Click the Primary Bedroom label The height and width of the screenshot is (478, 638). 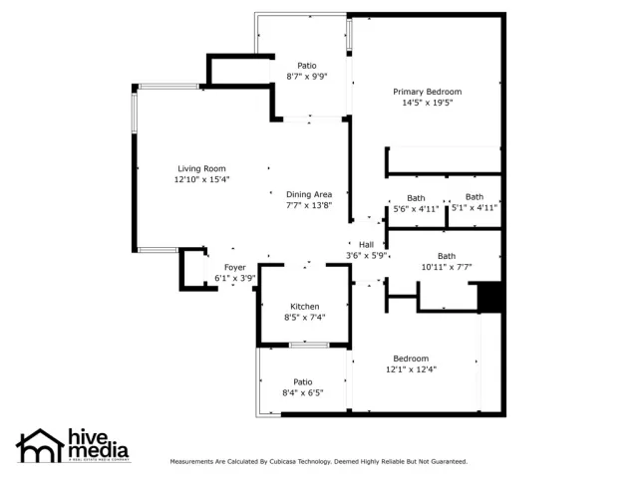point(427,92)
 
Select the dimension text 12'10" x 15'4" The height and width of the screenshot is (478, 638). point(202,180)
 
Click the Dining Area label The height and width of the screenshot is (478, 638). point(309,194)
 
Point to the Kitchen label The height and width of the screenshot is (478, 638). point(305,306)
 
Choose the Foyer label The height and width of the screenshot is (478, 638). point(234,267)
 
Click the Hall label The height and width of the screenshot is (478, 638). point(366,244)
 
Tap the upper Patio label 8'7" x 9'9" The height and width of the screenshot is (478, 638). point(307,66)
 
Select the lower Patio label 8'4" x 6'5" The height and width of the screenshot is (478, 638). point(303,381)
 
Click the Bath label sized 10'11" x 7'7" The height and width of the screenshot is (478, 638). point(447,256)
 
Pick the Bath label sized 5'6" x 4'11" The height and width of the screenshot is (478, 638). point(416,197)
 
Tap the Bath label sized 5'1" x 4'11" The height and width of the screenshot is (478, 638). point(475,196)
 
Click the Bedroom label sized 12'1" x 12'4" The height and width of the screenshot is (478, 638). point(411,358)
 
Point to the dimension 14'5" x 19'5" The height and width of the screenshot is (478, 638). point(427,103)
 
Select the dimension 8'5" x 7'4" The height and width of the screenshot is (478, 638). point(305,318)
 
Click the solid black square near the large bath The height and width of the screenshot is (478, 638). point(488,297)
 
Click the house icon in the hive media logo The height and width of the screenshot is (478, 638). point(40,445)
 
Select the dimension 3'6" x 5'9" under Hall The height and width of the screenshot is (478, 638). point(366,256)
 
